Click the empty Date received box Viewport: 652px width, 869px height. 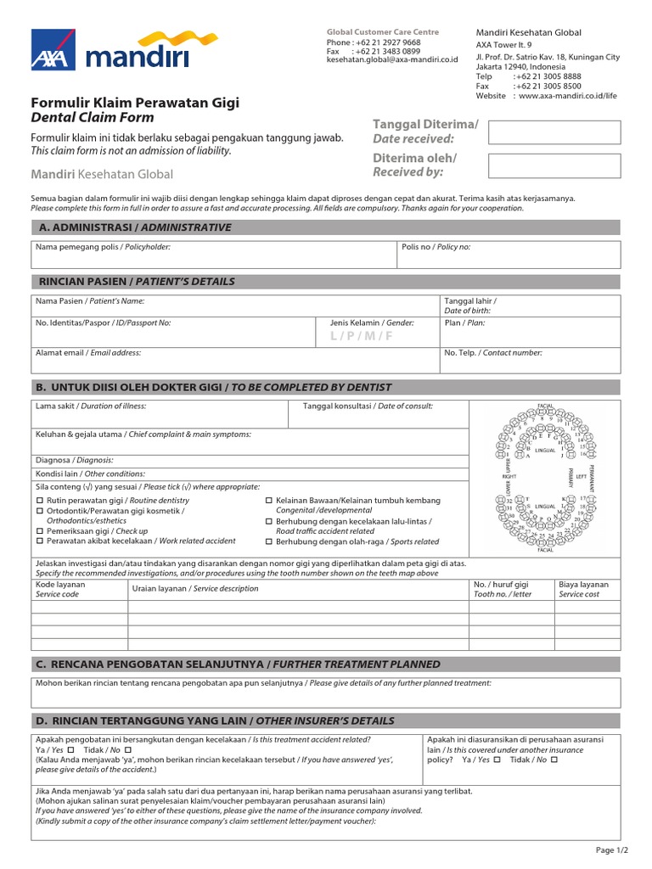(x=554, y=132)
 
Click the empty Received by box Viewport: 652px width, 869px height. (x=554, y=165)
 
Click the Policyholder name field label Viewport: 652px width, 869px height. (x=103, y=247)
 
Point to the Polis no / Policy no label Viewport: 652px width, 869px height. (x=436, y=247)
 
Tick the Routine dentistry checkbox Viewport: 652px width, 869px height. (x=39, y=501)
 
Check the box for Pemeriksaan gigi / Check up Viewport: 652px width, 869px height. (x=39, y=531)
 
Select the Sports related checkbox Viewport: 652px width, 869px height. (x=269, y=541)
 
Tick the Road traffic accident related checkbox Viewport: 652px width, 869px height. (x=269, y=521)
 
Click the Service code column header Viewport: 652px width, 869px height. (x=58, y=590)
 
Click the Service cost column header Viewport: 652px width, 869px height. (x=584, y=590)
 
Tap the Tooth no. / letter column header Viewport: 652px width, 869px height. (x=502, y=590)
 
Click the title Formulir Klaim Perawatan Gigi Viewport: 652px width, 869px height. (x=135, y=103)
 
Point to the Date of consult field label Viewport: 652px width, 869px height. (x=368, y=406)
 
